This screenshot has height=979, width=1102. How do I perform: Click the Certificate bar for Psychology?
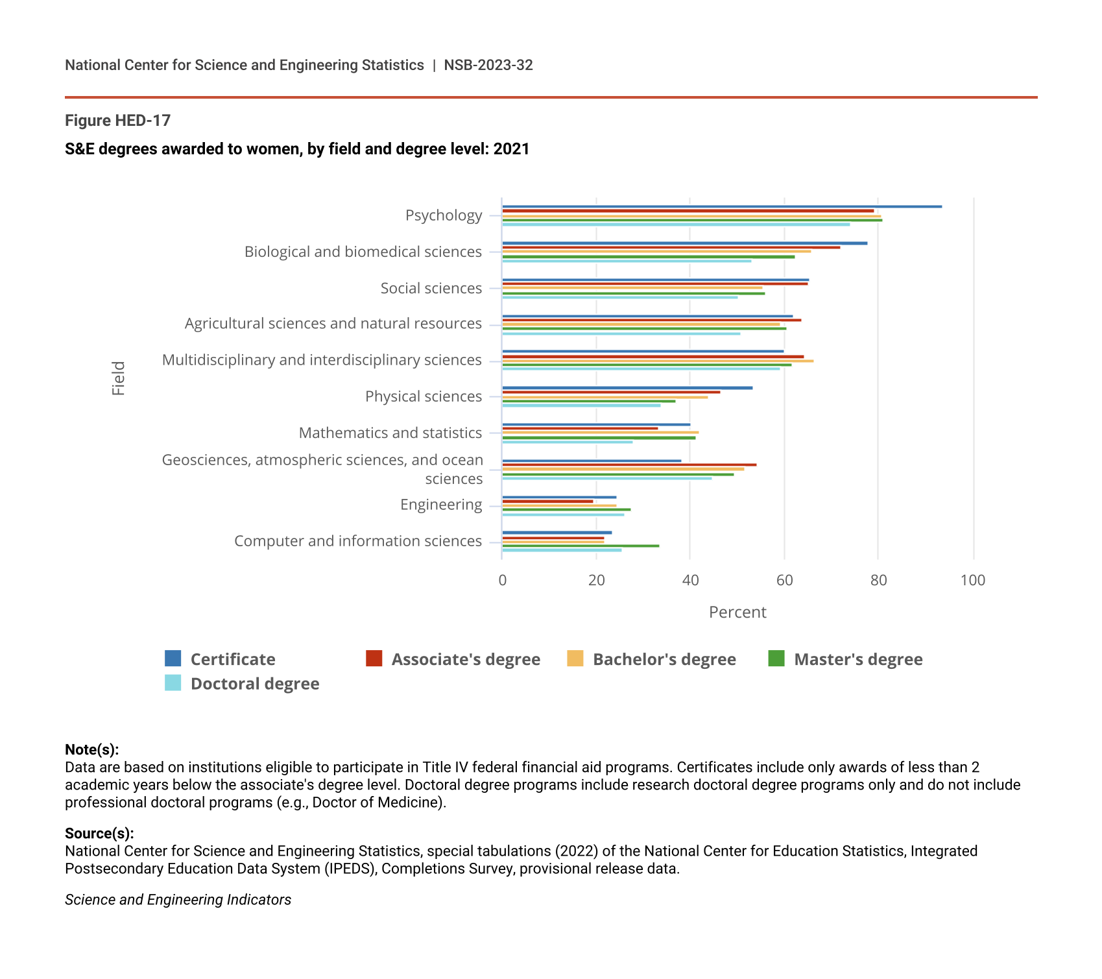(x=721, y=206)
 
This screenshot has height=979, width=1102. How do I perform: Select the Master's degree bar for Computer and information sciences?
(x=581, y=546)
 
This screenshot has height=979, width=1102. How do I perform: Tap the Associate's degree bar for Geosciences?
(x=629, y=465)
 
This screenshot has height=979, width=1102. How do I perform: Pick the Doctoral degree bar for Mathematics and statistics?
(x=568, y=442)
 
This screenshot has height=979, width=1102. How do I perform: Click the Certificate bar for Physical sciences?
(x=627, y=388)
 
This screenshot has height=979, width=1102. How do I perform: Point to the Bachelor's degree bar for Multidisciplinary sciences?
(x=658, y=361)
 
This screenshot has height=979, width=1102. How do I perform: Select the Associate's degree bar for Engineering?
(x=547, y=501)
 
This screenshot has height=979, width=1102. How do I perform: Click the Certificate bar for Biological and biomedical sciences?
(x=684, y=243)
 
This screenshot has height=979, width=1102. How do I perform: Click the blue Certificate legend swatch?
(x=173, y=659)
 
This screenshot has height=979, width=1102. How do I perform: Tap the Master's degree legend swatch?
(x=776, y=659)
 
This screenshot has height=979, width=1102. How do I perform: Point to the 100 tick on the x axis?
(x=972, y=580)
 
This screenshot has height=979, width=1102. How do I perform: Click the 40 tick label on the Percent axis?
(x=690, y=580)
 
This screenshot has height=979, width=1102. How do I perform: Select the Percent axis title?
(x=737, y=612)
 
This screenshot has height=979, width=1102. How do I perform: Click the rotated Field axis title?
(x=119, y=378)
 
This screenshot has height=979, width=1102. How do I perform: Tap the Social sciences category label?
(x=431, y=288)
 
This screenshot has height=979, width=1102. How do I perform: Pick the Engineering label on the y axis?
(x=441, y=505)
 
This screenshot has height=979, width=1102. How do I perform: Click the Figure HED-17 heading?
(x=117, y=121)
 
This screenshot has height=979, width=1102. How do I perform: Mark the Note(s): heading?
(x=91, y=750)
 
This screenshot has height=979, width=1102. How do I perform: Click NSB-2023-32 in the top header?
(x=488, y=65)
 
